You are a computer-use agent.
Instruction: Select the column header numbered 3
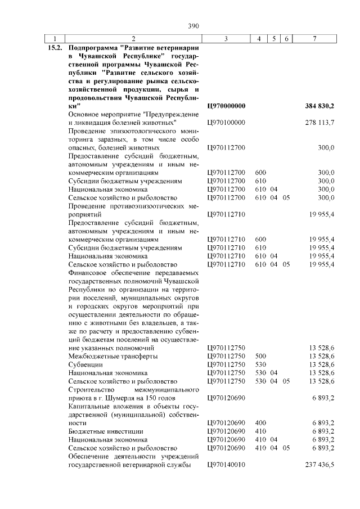coord(225,39)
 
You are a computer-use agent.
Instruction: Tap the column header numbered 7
coord(314,39)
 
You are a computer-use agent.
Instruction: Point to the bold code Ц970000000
coord(226,106)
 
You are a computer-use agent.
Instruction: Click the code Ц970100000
coord(226,122)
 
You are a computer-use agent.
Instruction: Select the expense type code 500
coord(260,357)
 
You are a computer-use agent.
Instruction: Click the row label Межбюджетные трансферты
coord(112,357)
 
